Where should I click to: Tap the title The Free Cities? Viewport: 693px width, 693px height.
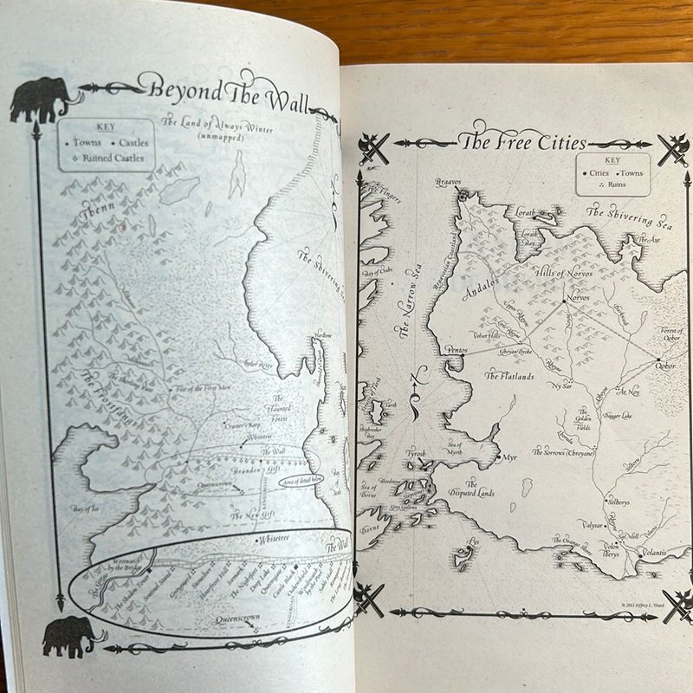tap(521, 143)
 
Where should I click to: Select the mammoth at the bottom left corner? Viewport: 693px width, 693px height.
tap(69, 637)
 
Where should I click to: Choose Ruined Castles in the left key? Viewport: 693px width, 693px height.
tap(113, 159)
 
